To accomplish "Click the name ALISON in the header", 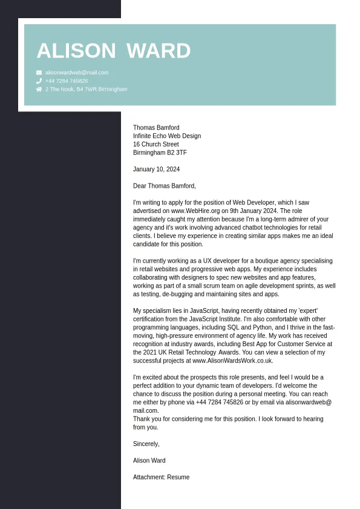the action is [x=76, y=51].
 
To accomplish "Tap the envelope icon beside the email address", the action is [x=39, y=73].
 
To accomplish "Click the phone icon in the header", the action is [x=39, y=80].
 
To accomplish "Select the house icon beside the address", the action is [x=39, y=89].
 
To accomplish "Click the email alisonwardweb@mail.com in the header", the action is [x=77, y=73].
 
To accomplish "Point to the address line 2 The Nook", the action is [x=86, y=89].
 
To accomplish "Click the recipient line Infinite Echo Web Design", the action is [x=167, y=136].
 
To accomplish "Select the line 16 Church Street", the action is [x=156, y=145].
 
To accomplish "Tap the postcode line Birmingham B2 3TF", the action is [x=160, y=153].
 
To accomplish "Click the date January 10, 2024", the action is [x=156, y=169].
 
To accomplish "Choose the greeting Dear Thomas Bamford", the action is [x=165, y=186].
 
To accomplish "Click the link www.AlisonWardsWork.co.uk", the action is [x=232, y=361].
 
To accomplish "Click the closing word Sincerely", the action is [x=146, y=444].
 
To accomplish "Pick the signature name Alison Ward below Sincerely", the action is [x=149, y=461].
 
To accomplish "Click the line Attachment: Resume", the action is [x=161, y=478].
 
